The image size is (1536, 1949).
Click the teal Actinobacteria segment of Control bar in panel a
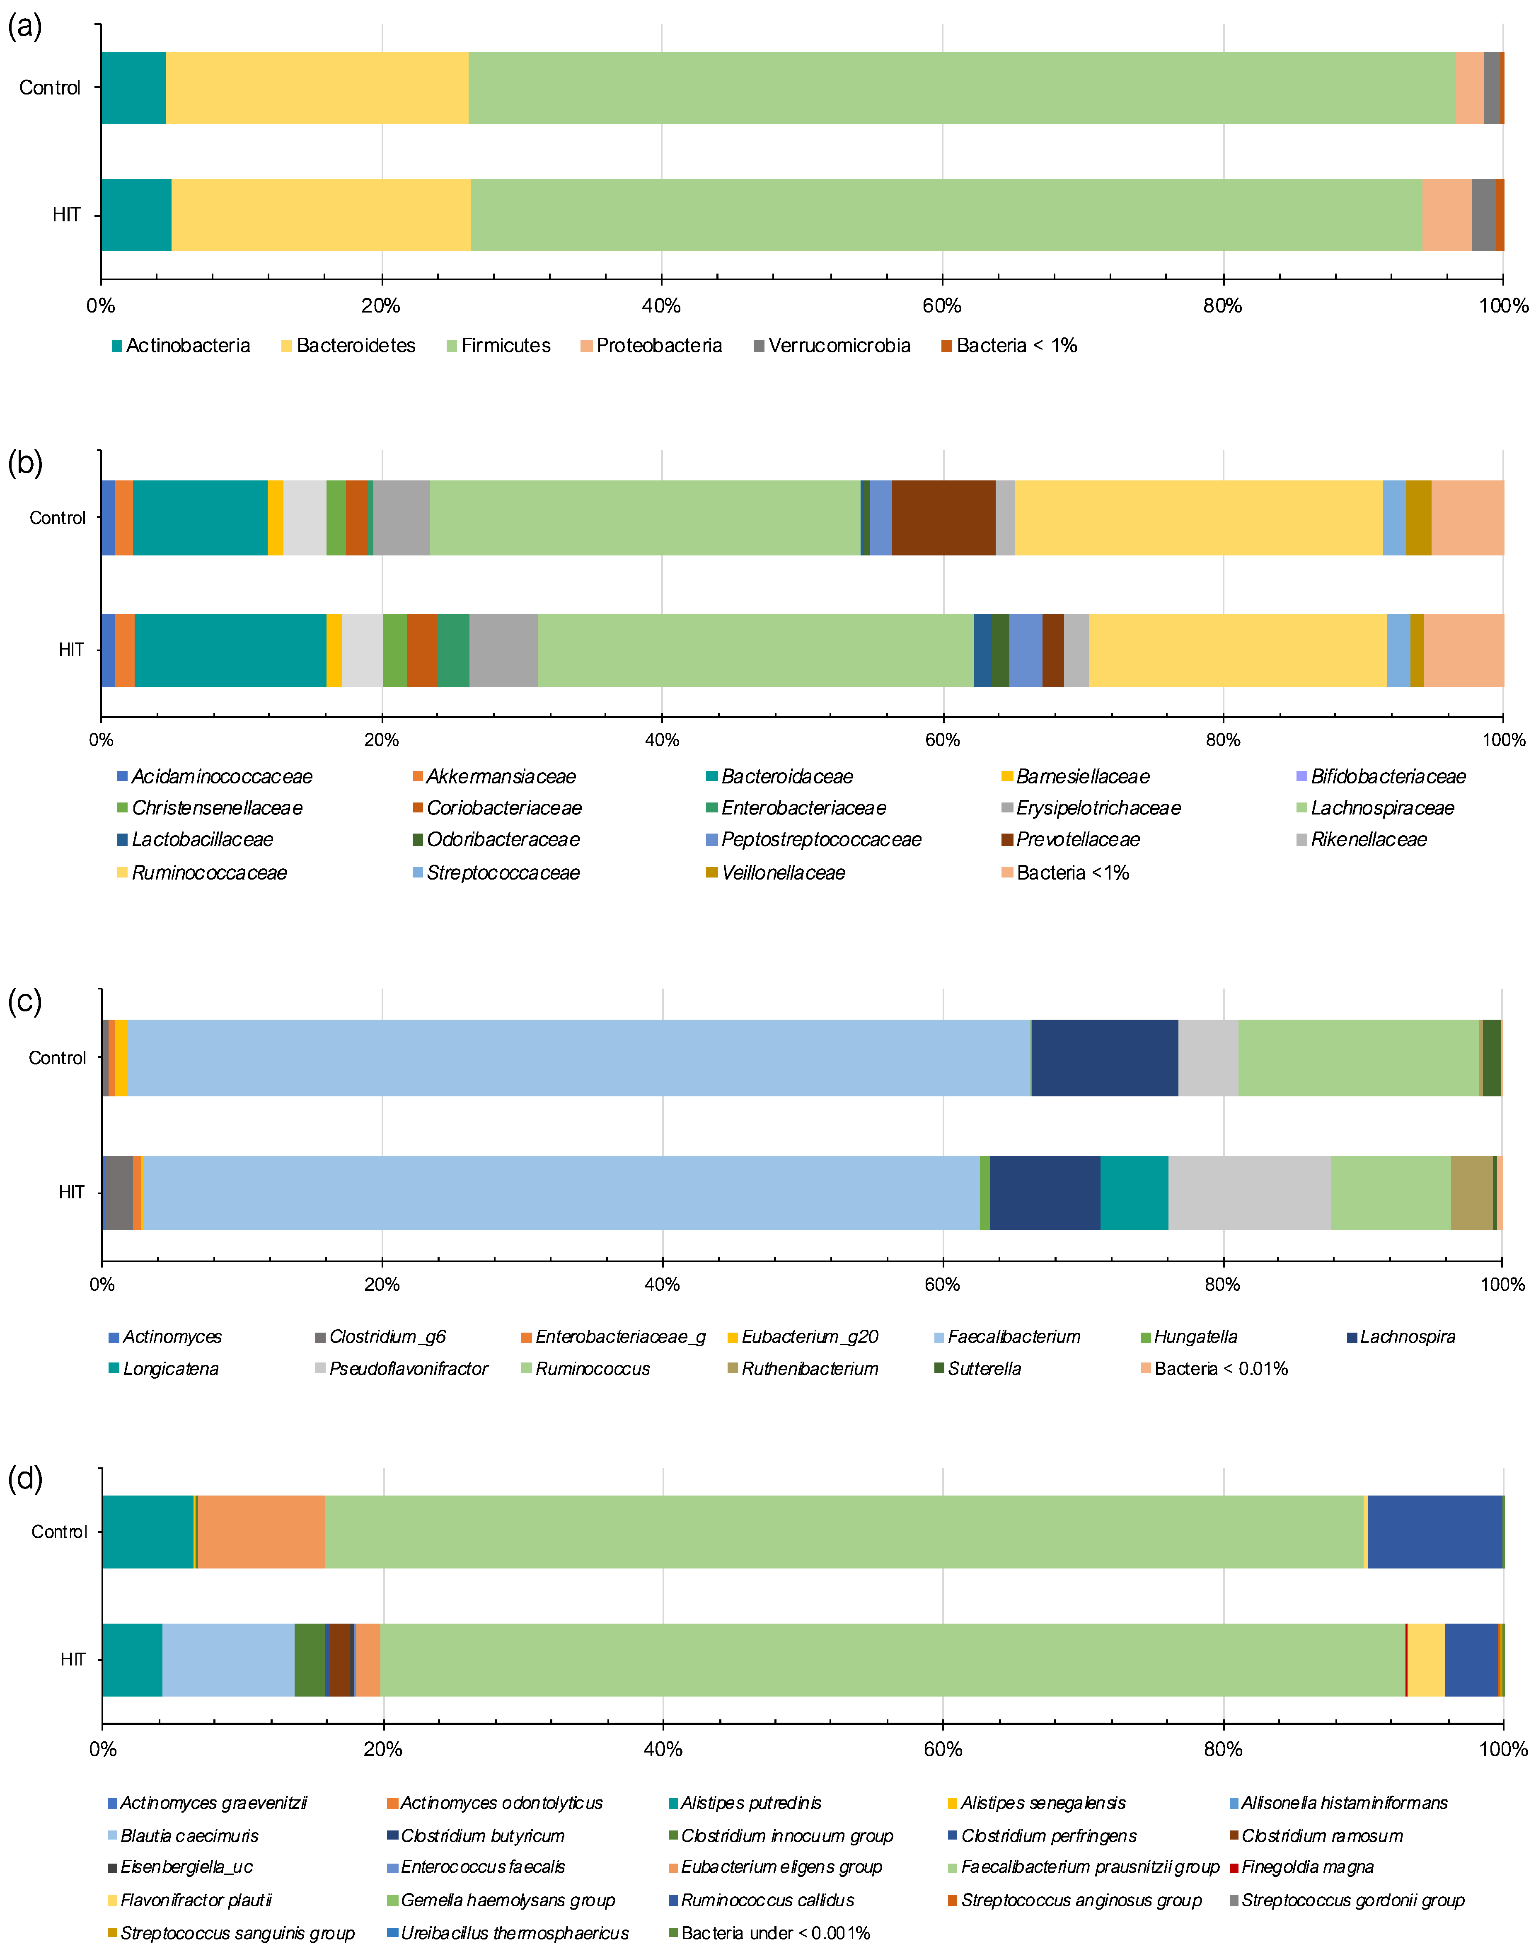tap(133, 88)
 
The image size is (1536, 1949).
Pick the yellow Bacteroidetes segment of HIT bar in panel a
tap(320, 215)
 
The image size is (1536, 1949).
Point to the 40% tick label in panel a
tap(661, 306)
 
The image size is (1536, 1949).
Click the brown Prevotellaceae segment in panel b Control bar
tap(943, 518)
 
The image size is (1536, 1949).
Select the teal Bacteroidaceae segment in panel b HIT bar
tap(230, 650)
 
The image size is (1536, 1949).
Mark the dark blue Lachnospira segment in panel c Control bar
tap(1104, 1058)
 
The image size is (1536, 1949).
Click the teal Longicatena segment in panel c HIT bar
tap(1134, 1193)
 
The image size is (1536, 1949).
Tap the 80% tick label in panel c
tap(1222, 1285)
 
